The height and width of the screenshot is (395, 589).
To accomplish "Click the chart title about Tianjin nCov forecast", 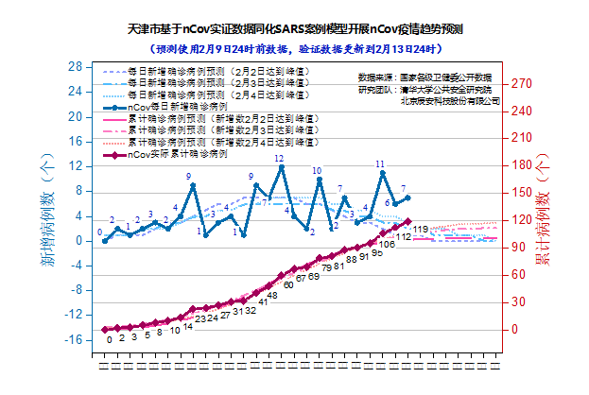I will (294, 31).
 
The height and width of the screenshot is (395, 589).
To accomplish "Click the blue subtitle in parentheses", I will (294, 48).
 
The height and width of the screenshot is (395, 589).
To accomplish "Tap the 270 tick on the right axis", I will (522, 83).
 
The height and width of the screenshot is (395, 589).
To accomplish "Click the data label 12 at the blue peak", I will (279, 159).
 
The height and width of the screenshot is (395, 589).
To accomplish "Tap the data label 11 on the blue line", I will (380, 164).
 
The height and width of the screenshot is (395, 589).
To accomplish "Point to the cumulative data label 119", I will (421, 230).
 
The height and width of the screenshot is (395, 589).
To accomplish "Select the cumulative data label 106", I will (387, 244).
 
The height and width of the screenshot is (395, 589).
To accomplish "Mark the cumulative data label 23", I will (200, 318).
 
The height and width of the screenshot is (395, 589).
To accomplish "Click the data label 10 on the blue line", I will (318, 171).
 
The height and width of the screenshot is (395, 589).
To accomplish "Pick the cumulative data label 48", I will (272, 295).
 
